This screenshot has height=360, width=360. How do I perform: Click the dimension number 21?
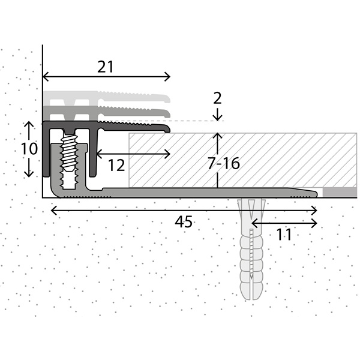(106, 67)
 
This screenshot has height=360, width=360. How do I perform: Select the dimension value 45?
(184, 221)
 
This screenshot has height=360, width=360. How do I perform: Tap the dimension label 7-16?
(224, 163)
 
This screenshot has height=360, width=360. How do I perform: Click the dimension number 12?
(116, 164)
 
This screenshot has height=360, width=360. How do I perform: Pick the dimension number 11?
(284, 234)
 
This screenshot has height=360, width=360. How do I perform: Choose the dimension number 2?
(217, 98)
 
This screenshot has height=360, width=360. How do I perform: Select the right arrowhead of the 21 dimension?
(168, 76)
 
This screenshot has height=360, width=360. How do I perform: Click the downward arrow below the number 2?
(217, 117)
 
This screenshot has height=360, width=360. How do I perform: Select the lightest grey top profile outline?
(108, 96)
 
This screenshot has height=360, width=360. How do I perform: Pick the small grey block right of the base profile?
(340, 192)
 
